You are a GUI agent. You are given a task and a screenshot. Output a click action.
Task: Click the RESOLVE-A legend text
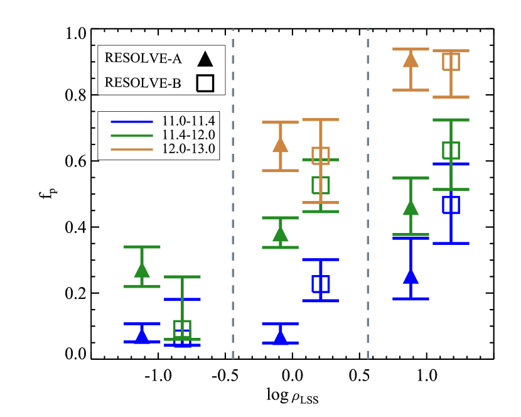point(143,58)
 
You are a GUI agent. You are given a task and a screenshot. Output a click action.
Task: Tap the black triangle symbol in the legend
point(205,60)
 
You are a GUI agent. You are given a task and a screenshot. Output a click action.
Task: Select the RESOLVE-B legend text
point(143,83)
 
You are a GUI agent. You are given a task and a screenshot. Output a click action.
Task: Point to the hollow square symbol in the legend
point(205,83)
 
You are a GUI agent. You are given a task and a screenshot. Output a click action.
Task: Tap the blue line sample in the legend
point(132,121)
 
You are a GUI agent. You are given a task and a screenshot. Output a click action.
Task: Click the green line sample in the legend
point(132,135)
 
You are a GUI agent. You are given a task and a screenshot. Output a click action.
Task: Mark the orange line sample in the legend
point(132,149)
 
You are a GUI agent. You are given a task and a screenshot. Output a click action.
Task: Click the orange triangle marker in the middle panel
point(281,145)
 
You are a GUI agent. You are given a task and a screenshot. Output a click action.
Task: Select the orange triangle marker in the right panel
point(411,60)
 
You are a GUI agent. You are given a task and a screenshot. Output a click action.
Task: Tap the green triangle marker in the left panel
point(142,270)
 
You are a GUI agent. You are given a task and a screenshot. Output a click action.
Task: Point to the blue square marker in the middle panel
point(321,284)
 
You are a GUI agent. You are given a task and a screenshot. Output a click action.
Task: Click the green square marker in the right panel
point(451,151)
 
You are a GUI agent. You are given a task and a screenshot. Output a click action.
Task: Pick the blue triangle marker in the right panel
point(411,276)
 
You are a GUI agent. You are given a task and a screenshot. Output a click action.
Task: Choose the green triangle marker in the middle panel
point(281,234)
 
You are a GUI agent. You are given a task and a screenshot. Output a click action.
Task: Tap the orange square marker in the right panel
point(451,62)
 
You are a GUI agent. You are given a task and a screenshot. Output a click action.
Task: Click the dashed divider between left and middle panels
point(233,188)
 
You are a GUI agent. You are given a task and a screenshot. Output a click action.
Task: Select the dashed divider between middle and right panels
point(368,188)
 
